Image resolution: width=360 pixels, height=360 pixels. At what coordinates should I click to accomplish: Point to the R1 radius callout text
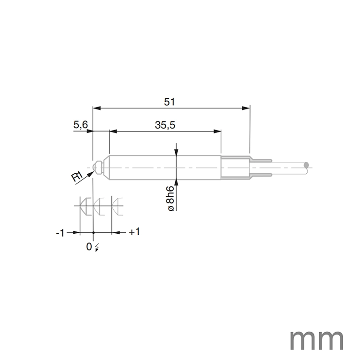[x=77, y=177]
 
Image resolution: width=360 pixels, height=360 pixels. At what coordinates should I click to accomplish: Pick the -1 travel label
[x=60, y=233]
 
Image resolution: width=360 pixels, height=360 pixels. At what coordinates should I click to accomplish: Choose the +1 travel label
[x=134, y=232]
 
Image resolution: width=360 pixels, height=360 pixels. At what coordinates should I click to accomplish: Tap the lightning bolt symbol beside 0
[x=98, y=247]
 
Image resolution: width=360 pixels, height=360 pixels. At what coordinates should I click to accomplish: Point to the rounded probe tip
[x=96, y=167]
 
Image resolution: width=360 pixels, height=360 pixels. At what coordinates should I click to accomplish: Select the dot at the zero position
[x=93, y=232]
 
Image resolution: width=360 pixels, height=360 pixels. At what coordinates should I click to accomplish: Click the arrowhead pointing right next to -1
[x=76, y=232]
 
